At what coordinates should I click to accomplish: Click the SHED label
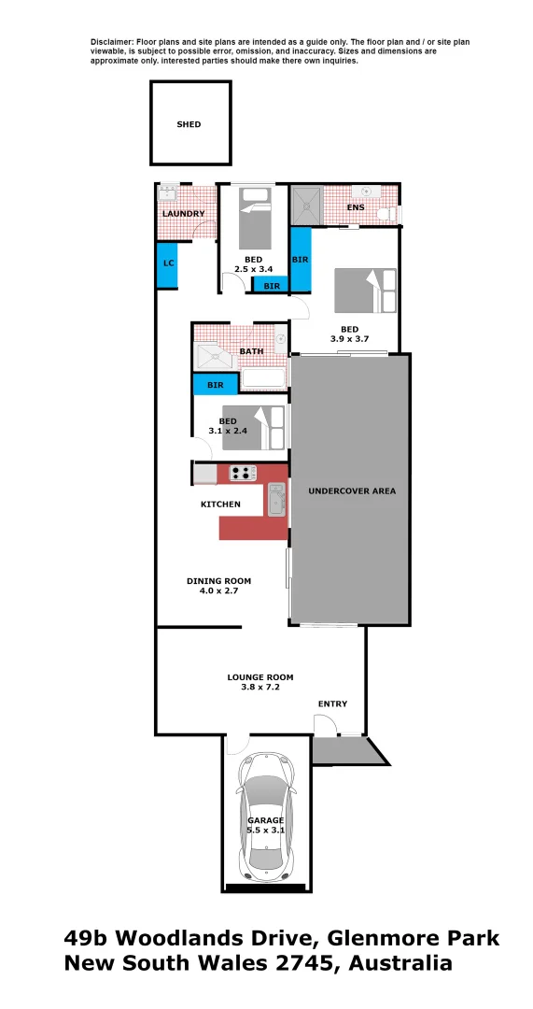[x=189, y=124]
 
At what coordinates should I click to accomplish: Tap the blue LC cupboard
[x=168, y=263]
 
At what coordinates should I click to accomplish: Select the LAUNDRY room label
[x=183, y=214]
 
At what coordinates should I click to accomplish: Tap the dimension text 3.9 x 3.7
[x=349, y=339]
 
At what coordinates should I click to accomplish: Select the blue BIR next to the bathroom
[x=215, y=384]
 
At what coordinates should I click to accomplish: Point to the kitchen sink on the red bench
[x=276, y=500]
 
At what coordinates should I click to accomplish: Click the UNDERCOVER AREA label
[x=352, y=490]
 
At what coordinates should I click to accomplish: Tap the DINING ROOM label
[x=218, y=581]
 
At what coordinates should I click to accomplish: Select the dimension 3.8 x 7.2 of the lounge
[x=260, y=687]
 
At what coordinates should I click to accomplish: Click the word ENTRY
[x=331, y=704]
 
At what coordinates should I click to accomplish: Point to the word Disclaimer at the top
[x=112, y=43]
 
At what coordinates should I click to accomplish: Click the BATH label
[x=251, y=351]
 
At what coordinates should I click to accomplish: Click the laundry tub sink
[x=168, y=193]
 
